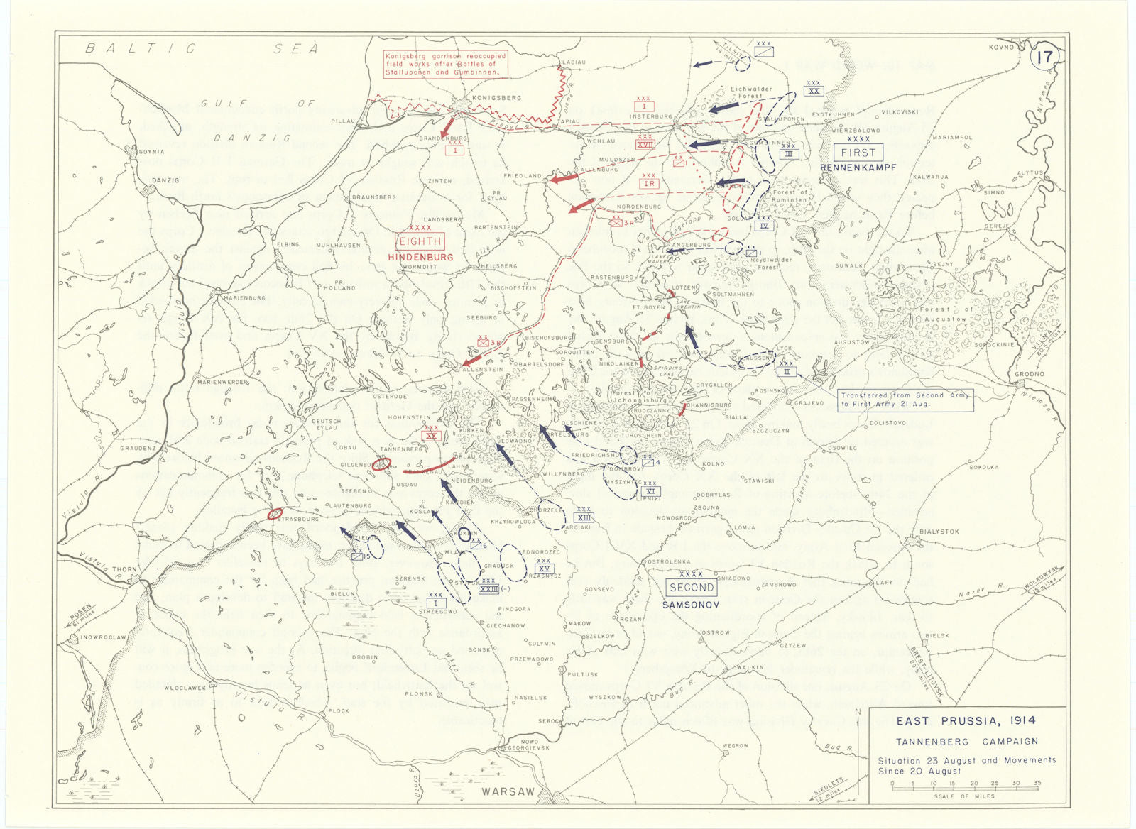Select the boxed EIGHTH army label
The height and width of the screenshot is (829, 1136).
click(x=420, y=242)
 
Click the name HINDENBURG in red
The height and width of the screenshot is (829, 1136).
click(x=420, y=257)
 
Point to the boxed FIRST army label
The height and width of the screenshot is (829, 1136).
click(x=858, y=153)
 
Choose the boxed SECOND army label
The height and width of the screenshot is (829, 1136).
click(x=692, y=588)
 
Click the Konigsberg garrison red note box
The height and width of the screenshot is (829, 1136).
click(x=442, y=64)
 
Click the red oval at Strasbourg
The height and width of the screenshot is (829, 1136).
click(x=275, y=513)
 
